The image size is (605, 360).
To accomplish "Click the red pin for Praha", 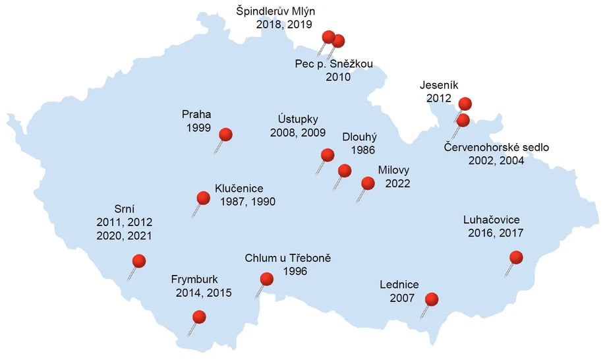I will [225, 135].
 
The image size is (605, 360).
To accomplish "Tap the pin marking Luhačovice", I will [516, 257].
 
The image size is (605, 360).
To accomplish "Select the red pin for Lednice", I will [432, 299].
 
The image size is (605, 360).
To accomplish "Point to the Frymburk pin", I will [199, 317].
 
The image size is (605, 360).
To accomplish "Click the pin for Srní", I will [138, 261].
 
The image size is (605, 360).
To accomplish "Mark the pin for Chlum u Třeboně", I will [266, 279].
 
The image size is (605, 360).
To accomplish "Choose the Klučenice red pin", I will [204, 197].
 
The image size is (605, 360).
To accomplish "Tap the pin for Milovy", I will [368, 183].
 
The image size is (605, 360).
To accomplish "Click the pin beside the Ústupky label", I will [328, 156].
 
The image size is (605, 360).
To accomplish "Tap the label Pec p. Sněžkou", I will [333, 64].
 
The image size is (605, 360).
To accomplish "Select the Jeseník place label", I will [434, 85].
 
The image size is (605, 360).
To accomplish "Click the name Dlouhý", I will [359, 137].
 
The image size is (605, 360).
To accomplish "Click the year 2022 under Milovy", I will [397, 183].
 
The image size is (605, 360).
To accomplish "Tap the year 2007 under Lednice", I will [401, 298].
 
